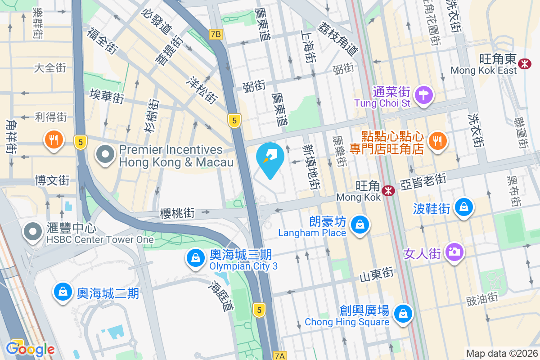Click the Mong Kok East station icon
tap(524, 63)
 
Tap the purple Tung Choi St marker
tap(424, 95)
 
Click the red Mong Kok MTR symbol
tap(388, 191)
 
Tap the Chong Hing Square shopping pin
tap(403, 313)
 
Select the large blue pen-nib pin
tap(270, 158)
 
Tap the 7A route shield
tap(279, 356)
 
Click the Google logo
tap(30, 349)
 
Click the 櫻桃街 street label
tap(177, 213)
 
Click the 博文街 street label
tap(53, 180)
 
